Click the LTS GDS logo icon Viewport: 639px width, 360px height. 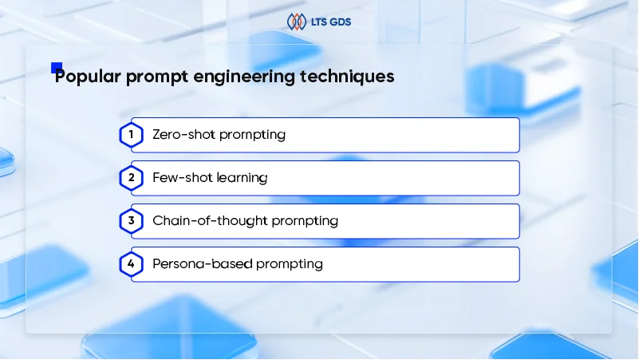point(296,22)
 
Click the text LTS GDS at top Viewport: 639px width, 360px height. point(329,22)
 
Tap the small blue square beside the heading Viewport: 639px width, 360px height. point(56,68)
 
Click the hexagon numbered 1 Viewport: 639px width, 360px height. point(131,135)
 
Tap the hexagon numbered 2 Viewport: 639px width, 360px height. point(131,178)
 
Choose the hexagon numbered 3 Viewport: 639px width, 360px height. point(131,221)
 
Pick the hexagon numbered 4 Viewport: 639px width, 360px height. point(131,264)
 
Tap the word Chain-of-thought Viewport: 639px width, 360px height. point(202,221)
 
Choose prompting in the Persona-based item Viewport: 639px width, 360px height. point(286,264)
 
